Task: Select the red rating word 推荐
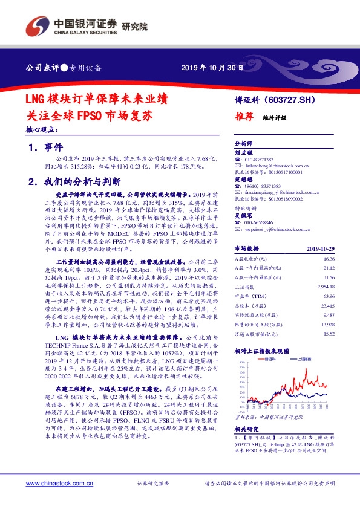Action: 243,119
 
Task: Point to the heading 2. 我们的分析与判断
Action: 75,181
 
